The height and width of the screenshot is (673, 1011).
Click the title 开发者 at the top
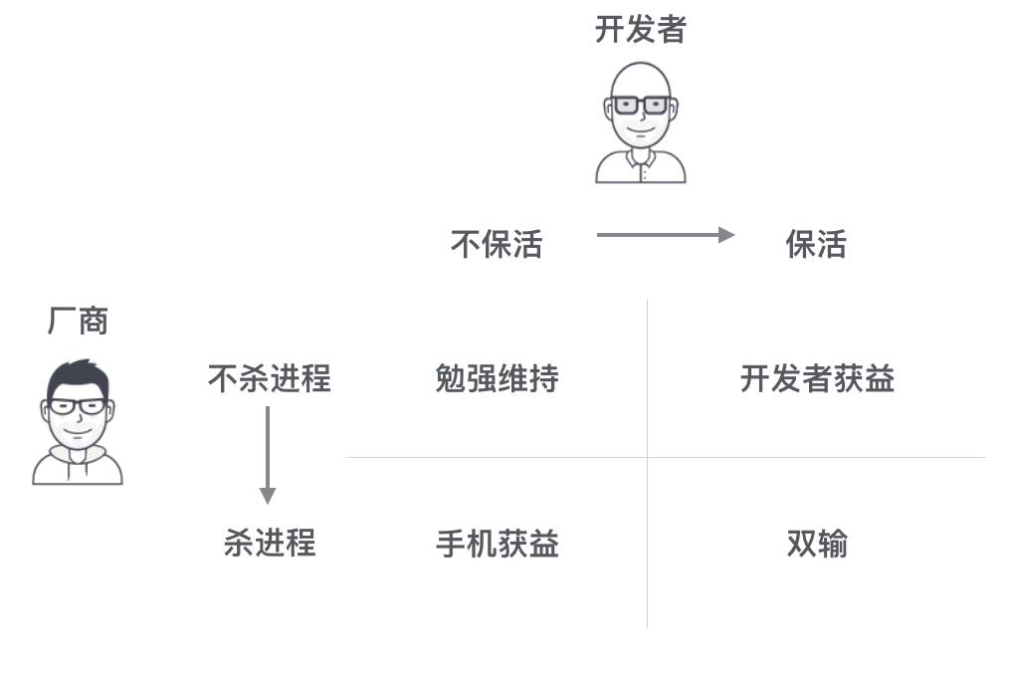click(640, 30)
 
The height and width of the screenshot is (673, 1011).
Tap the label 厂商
click(78, 321)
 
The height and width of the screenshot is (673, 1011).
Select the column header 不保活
click(497, 244)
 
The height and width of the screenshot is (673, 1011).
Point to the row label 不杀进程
click(269, 378)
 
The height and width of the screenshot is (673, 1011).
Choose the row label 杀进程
click(269, 543)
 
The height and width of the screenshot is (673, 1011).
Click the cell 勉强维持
click(497, 378)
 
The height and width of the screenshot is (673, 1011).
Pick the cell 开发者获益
click(817, 378)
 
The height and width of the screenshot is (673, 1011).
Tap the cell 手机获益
click(497, 544)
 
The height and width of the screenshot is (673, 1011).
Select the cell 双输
click(817, 544)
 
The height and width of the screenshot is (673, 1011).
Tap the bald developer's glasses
click(640, 105)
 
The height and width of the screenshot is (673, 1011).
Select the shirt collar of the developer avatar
click(640, 159)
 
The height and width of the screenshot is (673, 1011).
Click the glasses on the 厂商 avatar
click(78, 406)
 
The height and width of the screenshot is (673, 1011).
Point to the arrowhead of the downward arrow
click(267, 495)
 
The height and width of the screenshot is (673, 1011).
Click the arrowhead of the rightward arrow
click(726, 235)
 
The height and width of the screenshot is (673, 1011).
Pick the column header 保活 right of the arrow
click(816, 244)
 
